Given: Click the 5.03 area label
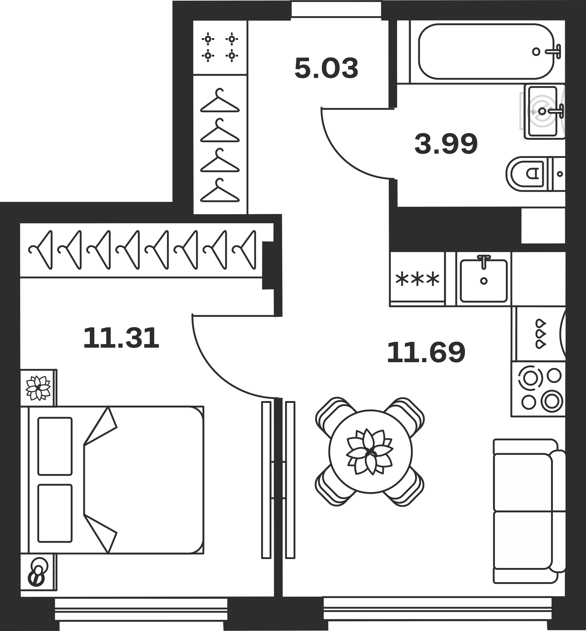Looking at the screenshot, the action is coord(326,68).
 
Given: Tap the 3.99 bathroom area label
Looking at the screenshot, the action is coord(446,144).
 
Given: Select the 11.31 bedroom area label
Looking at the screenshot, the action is coord(121,338).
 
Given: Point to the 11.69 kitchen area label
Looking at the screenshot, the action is coord(426,352).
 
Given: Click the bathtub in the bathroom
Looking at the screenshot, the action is coord(486,51).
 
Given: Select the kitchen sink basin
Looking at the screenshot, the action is coord(483,281).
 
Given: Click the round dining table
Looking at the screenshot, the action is coord(370,451).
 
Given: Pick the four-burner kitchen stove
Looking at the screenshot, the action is coord(538,389).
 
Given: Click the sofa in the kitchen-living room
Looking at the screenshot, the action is coord(529,511).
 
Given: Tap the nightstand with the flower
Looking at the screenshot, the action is coord(38,388).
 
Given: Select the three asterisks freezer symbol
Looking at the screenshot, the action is coord(417,279).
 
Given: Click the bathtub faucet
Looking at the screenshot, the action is coord(553,51).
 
